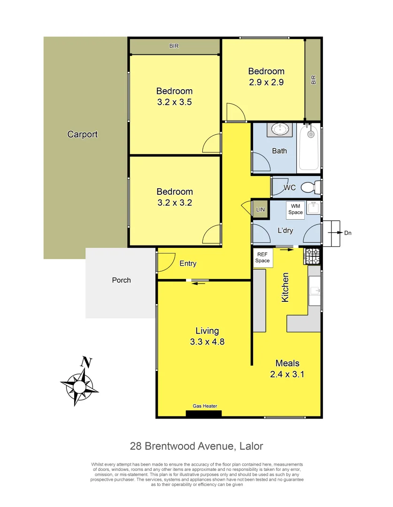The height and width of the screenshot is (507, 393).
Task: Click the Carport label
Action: point(83,134)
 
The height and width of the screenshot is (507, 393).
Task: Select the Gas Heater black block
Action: point(204,414)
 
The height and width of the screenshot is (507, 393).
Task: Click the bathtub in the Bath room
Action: point(309,148)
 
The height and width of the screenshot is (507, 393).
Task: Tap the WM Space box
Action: point(296,209)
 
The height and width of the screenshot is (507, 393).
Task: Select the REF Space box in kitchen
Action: point(262,258)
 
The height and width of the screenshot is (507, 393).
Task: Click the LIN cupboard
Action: point(260,209)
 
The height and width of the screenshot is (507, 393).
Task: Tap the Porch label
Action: point(121,280)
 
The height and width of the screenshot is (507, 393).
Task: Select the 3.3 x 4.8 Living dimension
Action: point(207,342)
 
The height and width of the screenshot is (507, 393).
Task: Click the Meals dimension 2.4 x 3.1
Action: point(287,374)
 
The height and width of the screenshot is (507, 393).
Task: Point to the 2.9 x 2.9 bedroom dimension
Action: point(266,82)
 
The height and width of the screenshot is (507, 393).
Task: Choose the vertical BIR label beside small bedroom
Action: point(314,80)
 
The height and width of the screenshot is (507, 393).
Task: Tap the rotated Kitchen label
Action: point(285,287)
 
